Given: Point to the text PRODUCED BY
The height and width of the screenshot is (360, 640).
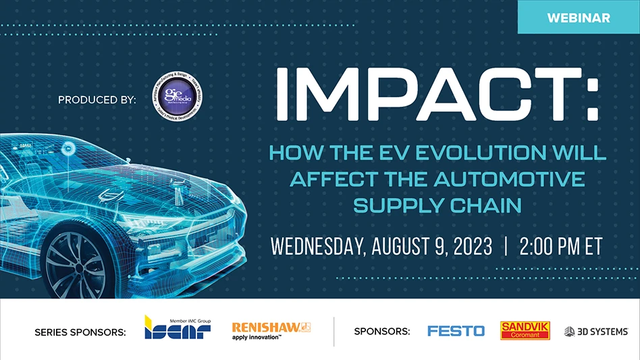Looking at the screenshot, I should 97,100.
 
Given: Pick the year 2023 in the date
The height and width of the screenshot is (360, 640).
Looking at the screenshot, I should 464,247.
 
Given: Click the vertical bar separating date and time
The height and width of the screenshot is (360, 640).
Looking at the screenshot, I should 506,247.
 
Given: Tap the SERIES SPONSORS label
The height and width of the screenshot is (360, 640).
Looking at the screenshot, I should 80,332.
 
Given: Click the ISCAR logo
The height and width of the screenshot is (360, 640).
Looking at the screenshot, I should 178,328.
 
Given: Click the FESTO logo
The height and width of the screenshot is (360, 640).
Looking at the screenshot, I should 456,331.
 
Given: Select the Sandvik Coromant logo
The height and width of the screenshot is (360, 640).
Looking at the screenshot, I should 525,330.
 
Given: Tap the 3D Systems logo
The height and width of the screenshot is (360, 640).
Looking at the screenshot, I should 596,331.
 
